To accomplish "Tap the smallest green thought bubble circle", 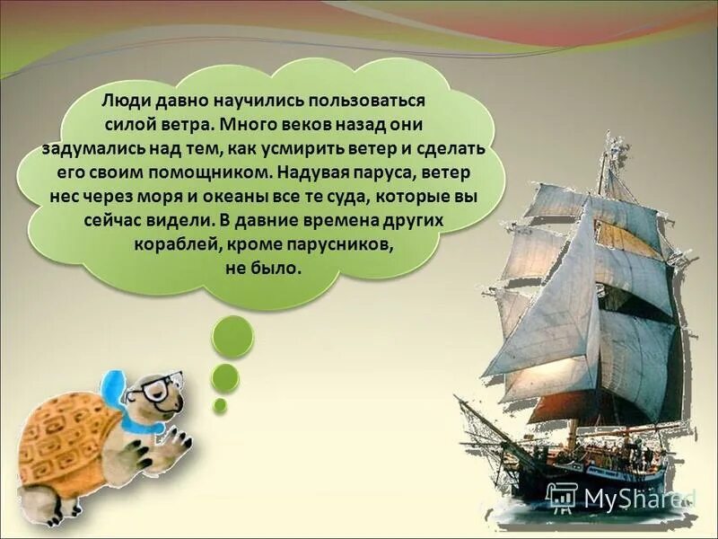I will pos(220,405).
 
